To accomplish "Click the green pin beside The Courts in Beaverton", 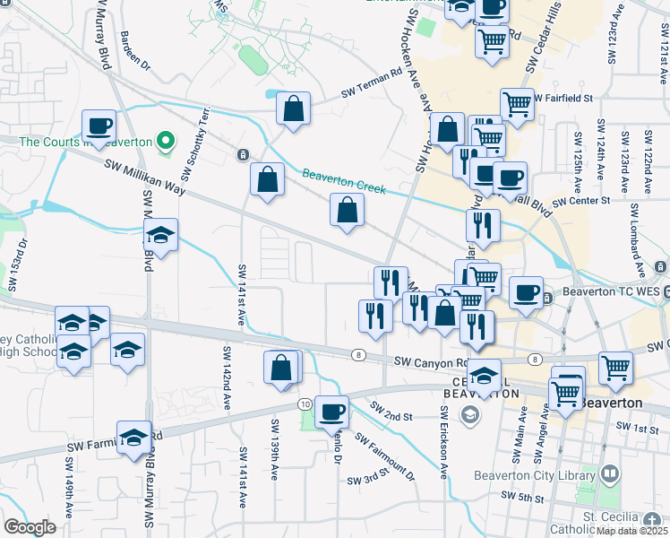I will tap(164, 141).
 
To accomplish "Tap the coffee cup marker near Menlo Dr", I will tap(331, 412).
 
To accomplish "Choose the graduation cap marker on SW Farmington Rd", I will tap(133, 438).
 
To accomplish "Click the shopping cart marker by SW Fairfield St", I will tap(517, 105).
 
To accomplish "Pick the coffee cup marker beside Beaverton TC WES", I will tap(526, 292).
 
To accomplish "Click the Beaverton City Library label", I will tap(535, 475).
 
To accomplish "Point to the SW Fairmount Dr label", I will tap(385, 456).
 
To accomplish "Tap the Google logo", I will tap(30, 526).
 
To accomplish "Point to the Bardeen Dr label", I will tap(135, 54).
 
